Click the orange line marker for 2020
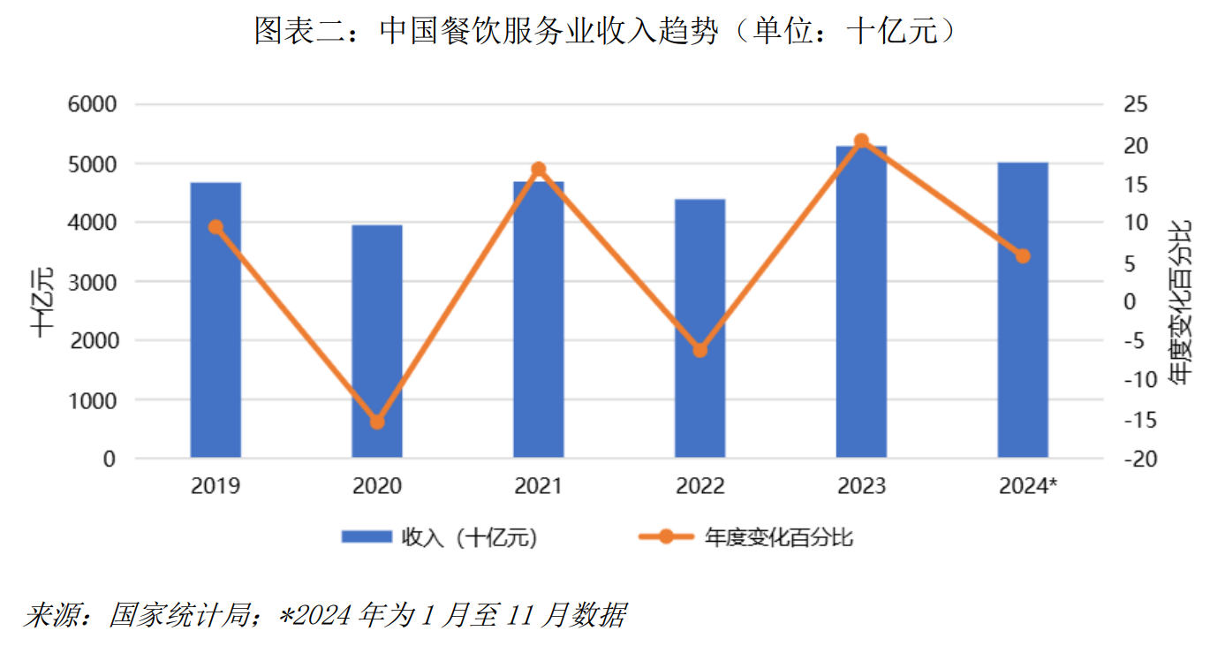pyautogui.click(x=377, y=422)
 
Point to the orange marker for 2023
pyautogui.click(x=861, y=141)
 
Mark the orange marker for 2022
pyautogui.click(x=699, y=350)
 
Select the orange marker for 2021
pyautogui.click(x=539, y=169)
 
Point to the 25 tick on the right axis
pyautogui.click(x=1135, y=105)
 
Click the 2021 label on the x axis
pyautogui.click(x=538, y=486)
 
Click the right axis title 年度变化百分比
pyautogui.click(x=1179, y=301)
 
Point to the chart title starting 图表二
pyautogui.click(x=606, y=32)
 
